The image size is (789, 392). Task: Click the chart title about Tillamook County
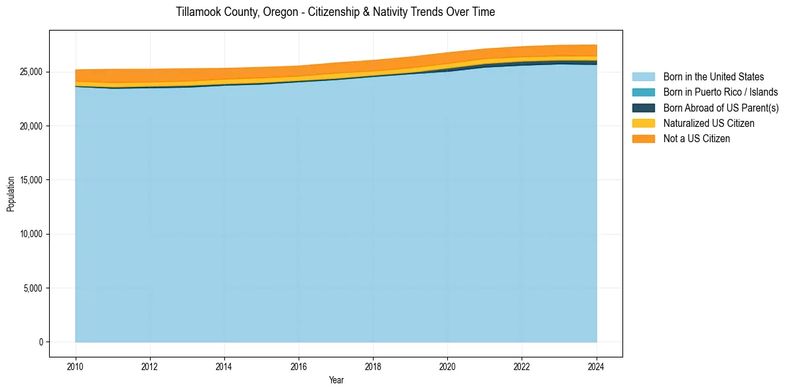(335, 12)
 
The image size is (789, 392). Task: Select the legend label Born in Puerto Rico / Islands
(721, 92)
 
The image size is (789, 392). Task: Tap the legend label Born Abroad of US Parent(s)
(721, 108)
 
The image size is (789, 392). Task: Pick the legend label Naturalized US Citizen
(709, 124)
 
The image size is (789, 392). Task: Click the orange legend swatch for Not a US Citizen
(643, 139)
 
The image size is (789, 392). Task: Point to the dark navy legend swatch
(643, 108)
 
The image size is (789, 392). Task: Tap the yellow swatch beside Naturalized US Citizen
(643, 124)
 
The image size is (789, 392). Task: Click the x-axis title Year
(336, 380)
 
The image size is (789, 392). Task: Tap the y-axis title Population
(11, 194)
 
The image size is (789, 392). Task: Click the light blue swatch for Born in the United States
(643, 77)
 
